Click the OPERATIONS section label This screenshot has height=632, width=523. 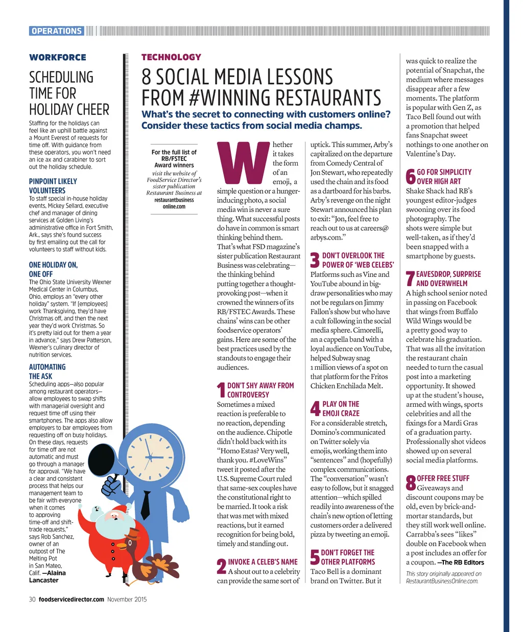coord(57,31)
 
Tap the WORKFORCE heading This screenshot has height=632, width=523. coord(58,57)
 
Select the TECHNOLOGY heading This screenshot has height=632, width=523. coord(171,57)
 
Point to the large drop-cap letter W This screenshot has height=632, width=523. coord(243,163)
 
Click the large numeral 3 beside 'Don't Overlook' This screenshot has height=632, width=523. coord(315,260)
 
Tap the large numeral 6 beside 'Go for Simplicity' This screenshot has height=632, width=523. coord(410,177)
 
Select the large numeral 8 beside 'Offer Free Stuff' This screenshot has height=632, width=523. coord(411,483)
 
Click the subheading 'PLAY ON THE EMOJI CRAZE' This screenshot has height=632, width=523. coord(341,409)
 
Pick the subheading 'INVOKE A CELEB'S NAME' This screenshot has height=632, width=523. coord(263,561)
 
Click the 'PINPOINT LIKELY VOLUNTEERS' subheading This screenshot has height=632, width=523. coord(53,186)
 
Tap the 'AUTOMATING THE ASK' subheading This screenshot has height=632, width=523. coord(47,371)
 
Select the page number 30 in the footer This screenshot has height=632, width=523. coord(32,599)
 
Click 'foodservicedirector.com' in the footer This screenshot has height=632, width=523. coord(72,599)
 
